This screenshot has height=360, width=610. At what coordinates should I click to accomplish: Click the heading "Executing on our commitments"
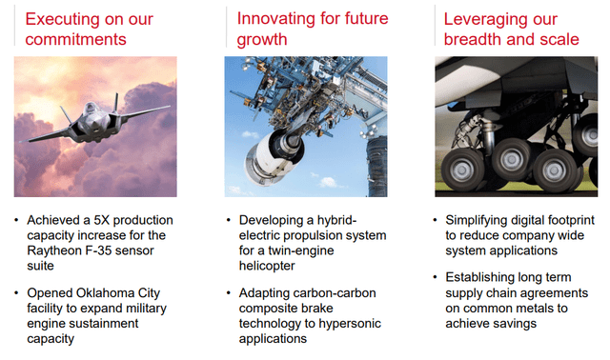[x=89, y=30]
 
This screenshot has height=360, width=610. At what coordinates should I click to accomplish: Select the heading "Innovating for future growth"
[x=313, y=30]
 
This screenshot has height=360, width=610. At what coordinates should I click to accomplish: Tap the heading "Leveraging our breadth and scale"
[x=511, y=30]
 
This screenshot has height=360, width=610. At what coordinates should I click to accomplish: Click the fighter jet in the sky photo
[x=95, y=120]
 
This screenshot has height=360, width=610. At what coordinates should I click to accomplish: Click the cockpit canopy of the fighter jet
[x=91, y=108]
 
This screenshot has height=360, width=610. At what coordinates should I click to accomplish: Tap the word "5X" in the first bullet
[x=101, y=220]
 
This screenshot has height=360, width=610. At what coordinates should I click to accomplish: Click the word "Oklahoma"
[x=106, y=292]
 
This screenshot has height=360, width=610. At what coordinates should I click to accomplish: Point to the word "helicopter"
[x=267, y=266]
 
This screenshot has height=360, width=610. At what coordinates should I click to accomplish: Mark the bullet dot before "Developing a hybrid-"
[x=228, y=220]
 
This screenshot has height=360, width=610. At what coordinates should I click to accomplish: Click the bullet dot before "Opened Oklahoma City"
[x=16, y=292]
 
